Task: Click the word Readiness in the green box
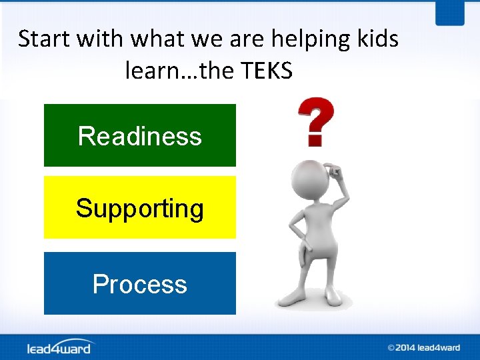(139, 136)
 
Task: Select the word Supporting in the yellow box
(139, 209)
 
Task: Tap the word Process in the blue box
(139, 284)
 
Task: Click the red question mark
(315, 121)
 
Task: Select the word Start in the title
(45, 39)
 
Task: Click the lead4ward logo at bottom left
(60, 347)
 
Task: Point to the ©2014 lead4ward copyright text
(423, 347)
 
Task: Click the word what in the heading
(157, 39)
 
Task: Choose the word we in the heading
(208, 39)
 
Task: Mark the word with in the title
(101, 39)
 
